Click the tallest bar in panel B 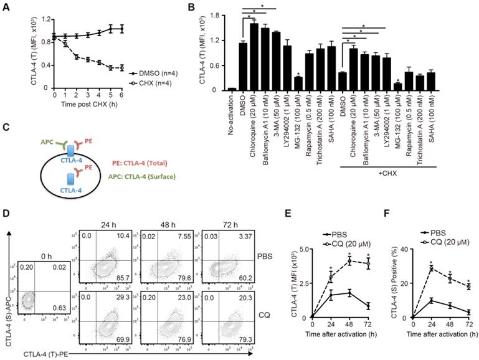(254, 57)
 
